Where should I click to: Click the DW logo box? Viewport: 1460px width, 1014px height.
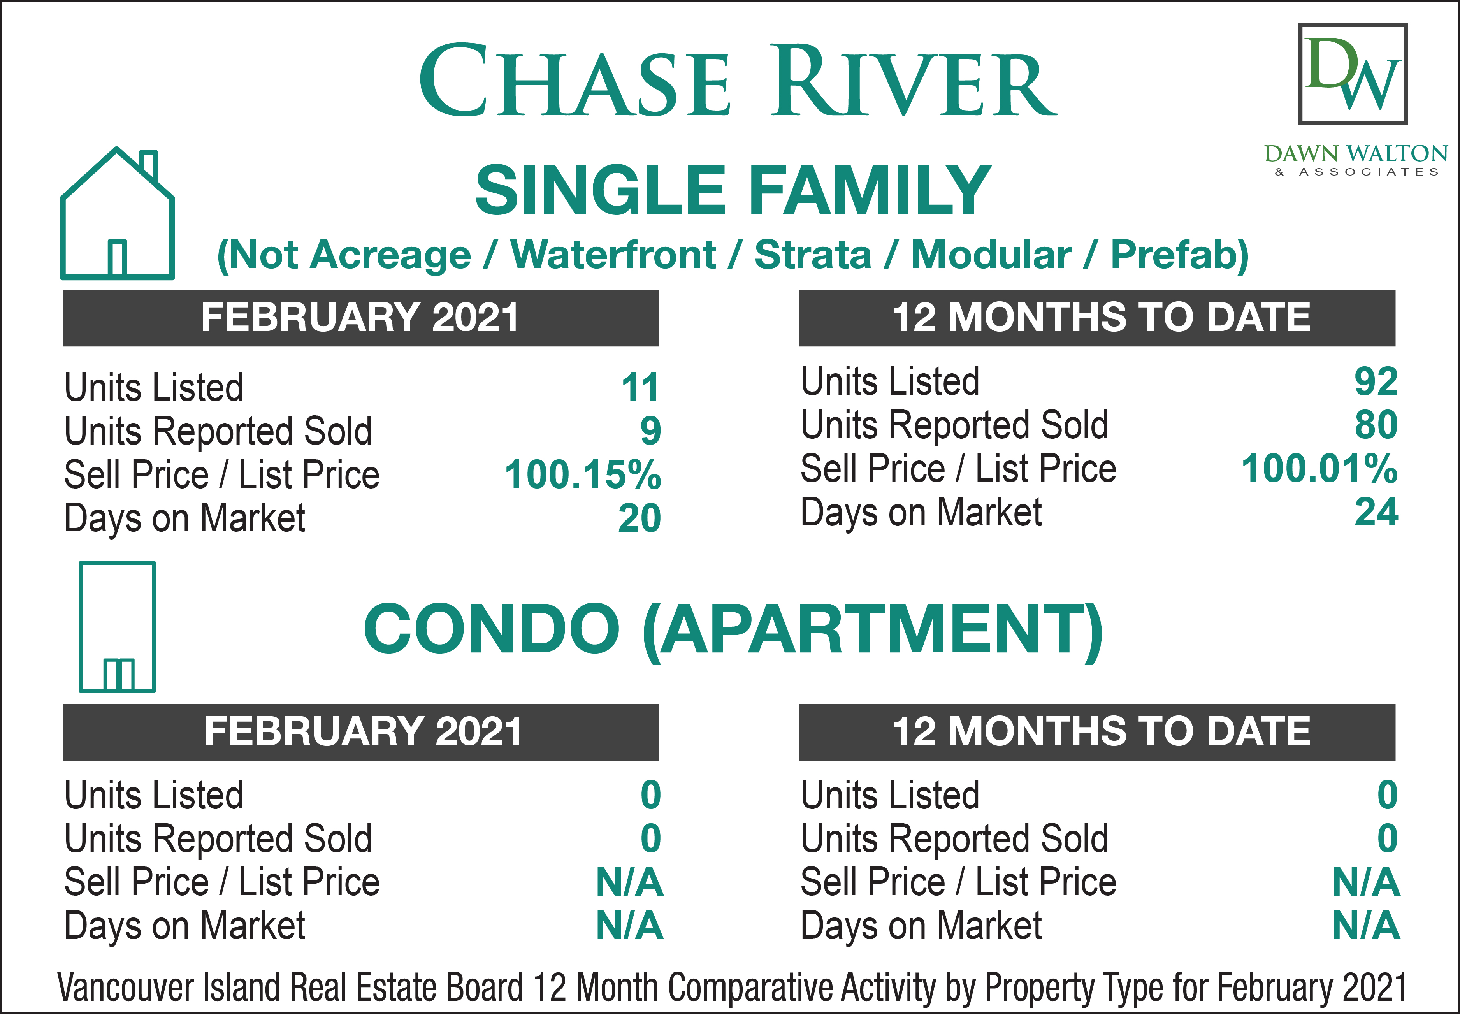click(1353, 74)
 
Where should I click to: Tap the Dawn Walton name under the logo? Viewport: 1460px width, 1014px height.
click(1356, 154)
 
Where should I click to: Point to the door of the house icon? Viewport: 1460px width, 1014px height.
click(117, 258)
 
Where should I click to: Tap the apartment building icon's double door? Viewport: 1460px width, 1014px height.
click(119, 675)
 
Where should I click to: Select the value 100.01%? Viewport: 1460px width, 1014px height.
click(1319, 469)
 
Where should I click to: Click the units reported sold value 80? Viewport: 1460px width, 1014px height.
click(1376, 425)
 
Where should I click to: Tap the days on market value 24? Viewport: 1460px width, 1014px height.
click(1376, 512)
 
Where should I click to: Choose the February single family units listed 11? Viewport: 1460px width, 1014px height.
click(640, 388)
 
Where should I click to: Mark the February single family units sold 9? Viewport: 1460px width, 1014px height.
click(650, 431)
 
